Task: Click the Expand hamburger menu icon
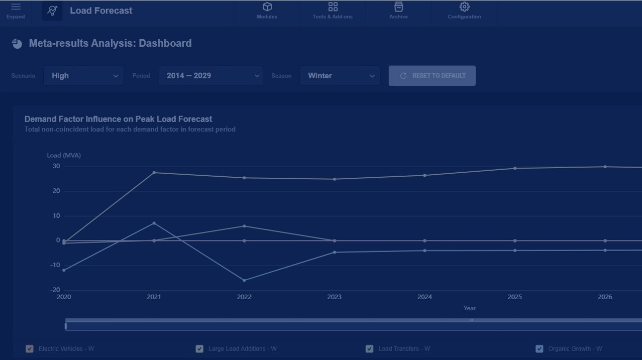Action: pos(16,7)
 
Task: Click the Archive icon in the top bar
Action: pos(398,7)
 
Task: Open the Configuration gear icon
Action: pos(464,7)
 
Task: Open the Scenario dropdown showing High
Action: pos(83,76)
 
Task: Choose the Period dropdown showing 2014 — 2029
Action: pos(210,76)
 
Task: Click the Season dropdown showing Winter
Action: pos(340,76)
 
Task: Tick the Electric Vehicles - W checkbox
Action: pos(30,348)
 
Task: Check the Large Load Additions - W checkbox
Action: pos(199,348)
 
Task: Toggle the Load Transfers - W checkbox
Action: pos(369,348)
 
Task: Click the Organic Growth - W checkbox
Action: pos(539,348)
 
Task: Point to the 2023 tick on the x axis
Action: pos(334,297)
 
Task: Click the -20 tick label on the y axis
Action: pos(55,290)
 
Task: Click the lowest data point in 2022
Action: pos(244,280)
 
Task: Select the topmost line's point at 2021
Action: pos(154,173)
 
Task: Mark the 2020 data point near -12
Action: pos(64,270)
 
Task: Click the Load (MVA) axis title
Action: pos(64,155)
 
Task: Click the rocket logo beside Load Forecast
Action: pos(52,11)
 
